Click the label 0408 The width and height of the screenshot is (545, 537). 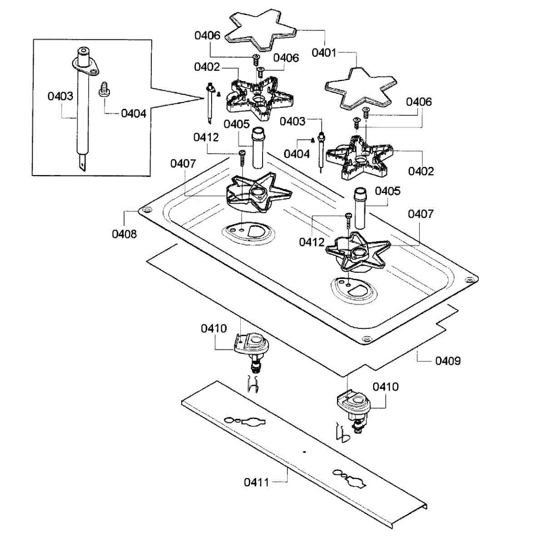click(124, 234)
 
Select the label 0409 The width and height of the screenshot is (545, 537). click(448, 361)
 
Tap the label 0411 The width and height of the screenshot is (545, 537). click(256, 482)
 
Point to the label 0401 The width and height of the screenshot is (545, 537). click(324, 53)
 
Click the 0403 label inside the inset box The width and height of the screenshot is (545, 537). click(60, 96)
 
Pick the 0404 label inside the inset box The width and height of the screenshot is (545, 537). click(134, 113)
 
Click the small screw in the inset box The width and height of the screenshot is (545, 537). click(104, 89)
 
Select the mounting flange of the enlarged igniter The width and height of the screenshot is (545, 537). click(85, 66)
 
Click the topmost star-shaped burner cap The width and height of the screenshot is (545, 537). click(261, 31)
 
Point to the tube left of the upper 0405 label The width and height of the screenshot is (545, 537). click(258, 148)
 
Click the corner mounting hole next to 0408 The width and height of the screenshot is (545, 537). click(147, 210)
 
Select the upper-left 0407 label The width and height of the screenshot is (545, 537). click(183, 164)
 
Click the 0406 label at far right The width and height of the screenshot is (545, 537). click(419, 102)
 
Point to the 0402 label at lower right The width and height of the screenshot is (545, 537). click(421, 171)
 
